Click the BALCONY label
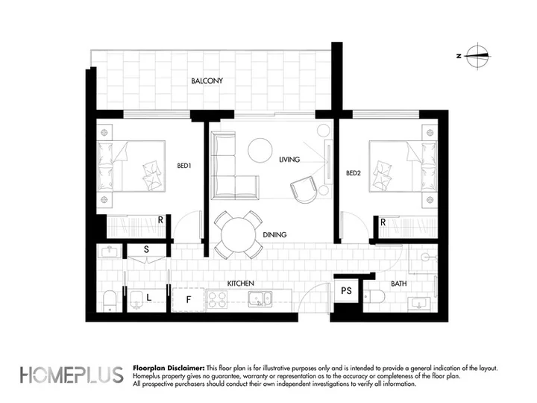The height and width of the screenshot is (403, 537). point(207,81)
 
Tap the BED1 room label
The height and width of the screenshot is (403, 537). point(184,166)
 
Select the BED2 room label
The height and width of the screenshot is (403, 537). point(353,173)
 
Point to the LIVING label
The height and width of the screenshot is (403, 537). point(289,160)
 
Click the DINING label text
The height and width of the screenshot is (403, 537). point(274,235)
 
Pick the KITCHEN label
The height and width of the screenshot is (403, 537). point(241,284)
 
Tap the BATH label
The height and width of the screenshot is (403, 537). point(398,284)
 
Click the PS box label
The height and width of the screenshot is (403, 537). point(346,291)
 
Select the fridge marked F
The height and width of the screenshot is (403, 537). point(189,300)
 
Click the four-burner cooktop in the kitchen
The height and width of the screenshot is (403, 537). point(218,299)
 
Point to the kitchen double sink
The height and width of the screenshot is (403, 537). point(260,299)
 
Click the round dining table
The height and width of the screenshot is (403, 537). point(239,235)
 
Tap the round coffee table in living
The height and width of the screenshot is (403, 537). point(260,150)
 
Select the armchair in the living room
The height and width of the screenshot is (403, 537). point(304,190)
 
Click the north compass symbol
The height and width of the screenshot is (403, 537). point(477,56)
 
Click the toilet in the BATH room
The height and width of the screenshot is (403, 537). point(374,296)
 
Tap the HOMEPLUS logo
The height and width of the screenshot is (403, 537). point(72,375)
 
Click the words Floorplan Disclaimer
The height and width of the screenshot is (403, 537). point(169,369)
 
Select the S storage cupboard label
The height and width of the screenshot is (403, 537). point(147,249)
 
